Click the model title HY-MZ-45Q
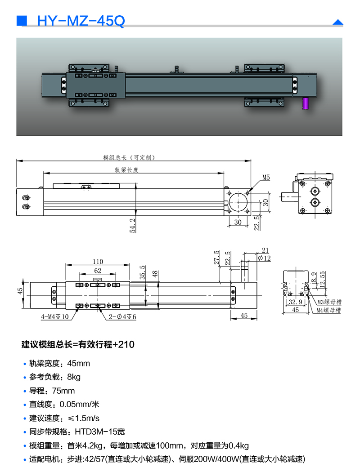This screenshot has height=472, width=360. (x=81, y=21)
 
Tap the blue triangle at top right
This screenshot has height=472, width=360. (x=337, y=22)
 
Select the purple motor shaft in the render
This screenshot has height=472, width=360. (x=306, y=103)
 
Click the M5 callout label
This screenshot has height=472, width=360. (x=266, y=178)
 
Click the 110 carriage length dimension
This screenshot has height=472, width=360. (x=98, y=262)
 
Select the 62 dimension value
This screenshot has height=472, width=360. (x=98, y=271)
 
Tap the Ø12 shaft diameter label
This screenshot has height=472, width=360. (x=264, y=258)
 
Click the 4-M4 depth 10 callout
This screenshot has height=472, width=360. (x=54, y=317)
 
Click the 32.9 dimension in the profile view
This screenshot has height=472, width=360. (x=292, y=303)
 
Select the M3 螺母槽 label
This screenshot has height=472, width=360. (x=329, y=302)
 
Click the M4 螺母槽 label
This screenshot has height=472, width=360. (x=329, y=310)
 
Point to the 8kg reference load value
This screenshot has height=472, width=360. (x=74, y=377)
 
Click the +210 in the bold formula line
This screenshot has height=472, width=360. (x=124, y=345)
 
